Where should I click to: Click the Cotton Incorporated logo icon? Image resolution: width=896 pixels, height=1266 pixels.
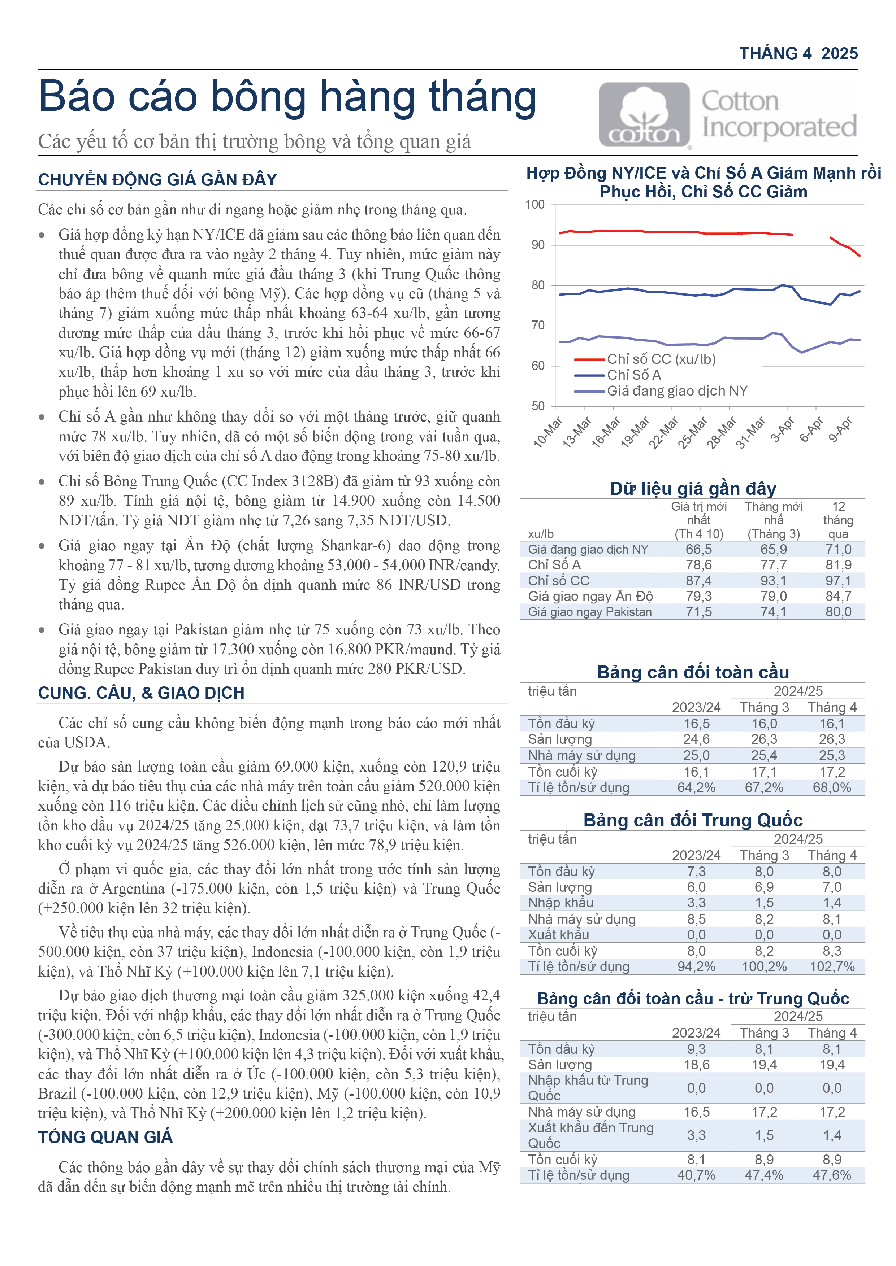pyautogui.click(x=644, y=115)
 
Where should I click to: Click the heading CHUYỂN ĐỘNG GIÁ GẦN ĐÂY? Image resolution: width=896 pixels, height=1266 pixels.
pyautogui.click(x=157, y=180)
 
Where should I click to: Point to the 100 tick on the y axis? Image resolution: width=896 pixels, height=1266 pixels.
pyautogui.click(x=534, y=205)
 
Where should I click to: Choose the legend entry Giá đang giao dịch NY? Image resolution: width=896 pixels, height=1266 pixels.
pyautogui.click(x=677, y=391)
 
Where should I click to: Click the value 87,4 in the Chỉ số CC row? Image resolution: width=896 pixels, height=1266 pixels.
pyautogui.click(x=698, y=581)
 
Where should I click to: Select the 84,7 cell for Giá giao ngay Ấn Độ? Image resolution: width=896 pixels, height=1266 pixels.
pyautogui.click(x=838, y=596)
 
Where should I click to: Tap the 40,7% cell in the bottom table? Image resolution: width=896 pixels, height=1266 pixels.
pyautogui.click(x=696, y=1175)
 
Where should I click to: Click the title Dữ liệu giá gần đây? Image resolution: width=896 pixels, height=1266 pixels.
pyautogui.click(x=693, y=489)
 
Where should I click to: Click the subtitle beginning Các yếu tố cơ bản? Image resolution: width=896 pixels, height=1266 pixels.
pyautogui.click(x=254, y=142)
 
